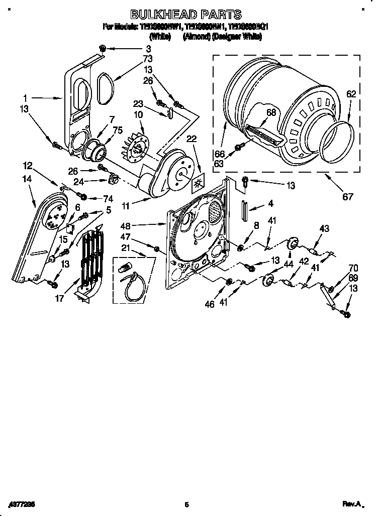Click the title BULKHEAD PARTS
[186, 15]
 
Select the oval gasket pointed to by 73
[105, 88]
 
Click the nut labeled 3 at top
[103, 48]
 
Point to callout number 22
[192, 139]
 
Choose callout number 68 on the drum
[271, 113]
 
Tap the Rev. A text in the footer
[352, 503]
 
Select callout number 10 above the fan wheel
[138, 115]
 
